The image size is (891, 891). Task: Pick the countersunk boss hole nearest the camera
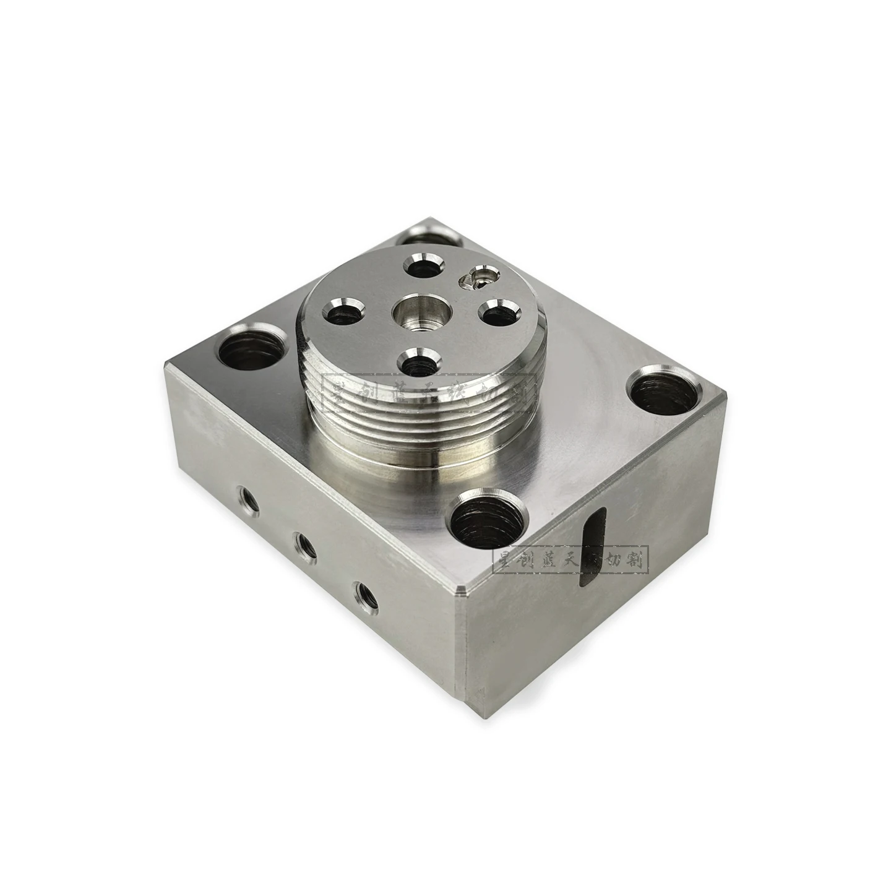point(418,361)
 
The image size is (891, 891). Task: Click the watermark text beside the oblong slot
point(569,561)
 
